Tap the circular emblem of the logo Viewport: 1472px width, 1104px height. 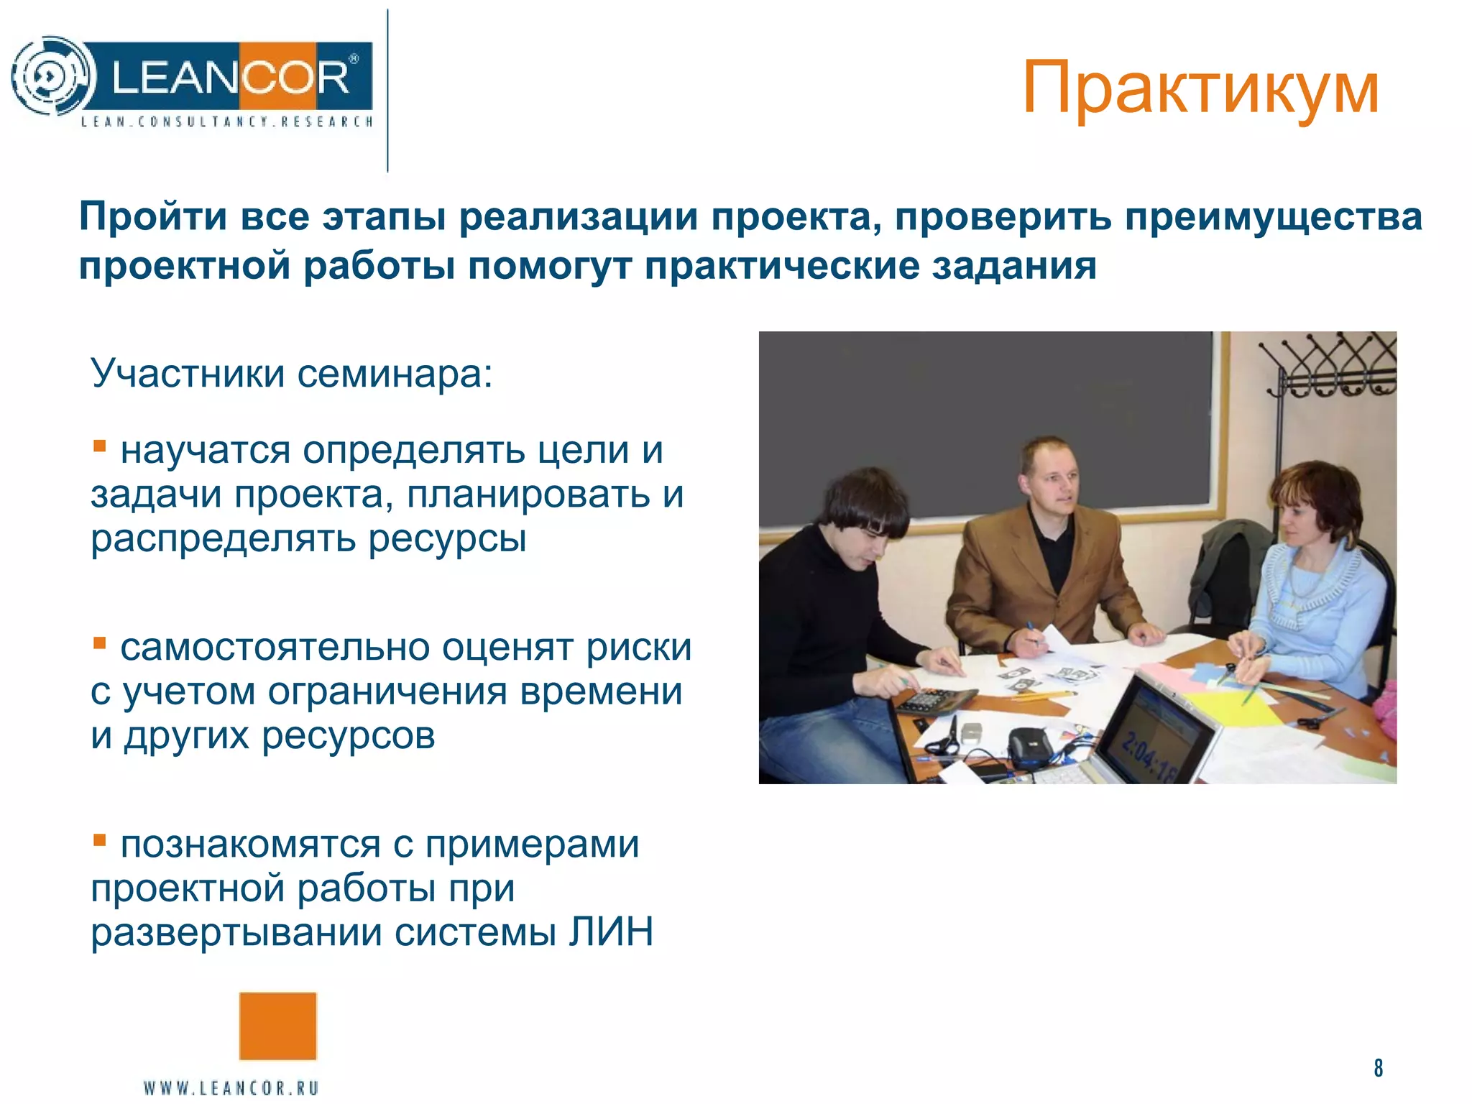click(x=52, y=75)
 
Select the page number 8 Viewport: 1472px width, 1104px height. click(x=1378, y=1067)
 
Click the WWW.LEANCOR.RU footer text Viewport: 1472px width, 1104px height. click(x=231, y=1087)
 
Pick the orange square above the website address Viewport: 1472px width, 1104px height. click(x=277, y=1026)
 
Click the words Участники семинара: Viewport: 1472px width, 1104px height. click(x=292, y=374)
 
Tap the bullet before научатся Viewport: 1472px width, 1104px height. click(x=100, y=447)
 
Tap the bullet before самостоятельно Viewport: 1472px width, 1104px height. click(x=100, y=643)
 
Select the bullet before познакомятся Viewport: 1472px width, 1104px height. click(x=100, y=839)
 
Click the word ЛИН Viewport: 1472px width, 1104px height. click(x=611, y=932)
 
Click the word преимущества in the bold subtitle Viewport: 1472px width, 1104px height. click(x=1273, y=217)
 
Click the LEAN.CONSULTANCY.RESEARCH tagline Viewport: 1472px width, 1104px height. click(x=227, y=121)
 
